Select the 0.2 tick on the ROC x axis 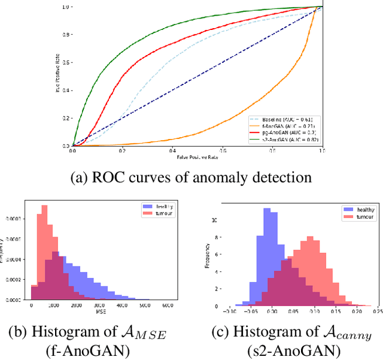[x=122, y=151]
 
